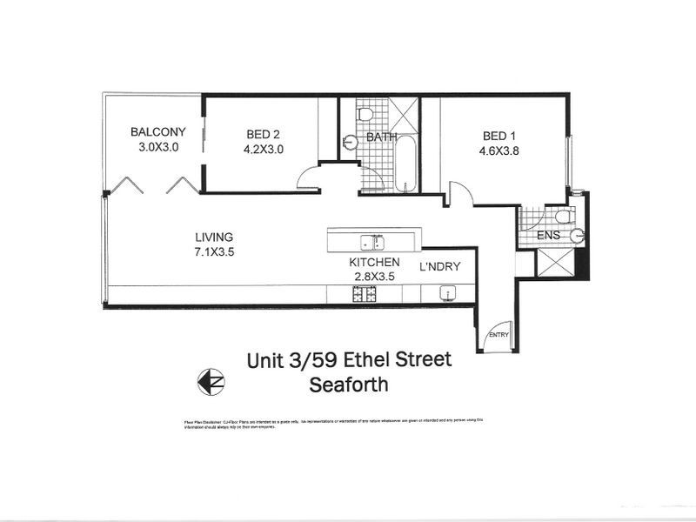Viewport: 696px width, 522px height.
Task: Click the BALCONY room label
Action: click(158, 132)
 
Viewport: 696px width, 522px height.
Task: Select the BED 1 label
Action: click(500, 136)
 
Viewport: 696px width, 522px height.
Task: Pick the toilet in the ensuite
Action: click(562, 216)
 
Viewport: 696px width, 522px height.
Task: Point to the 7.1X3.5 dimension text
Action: click(214, 251)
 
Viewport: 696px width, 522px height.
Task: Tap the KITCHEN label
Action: click(374, 263)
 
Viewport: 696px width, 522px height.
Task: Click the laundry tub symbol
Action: click(449, 292)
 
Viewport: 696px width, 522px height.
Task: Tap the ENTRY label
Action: click(499, 335)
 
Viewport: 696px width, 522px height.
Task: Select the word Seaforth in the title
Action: click(351, 384)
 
